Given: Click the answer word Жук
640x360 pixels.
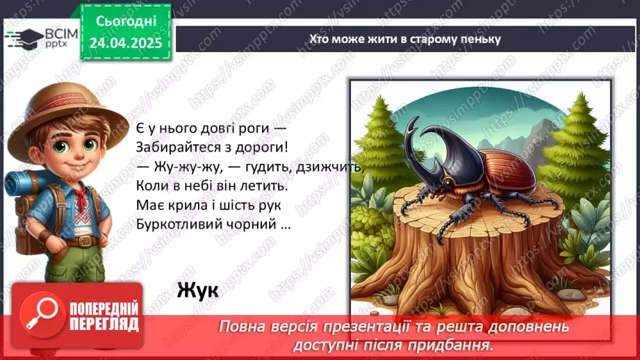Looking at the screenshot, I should (x=197, y=289).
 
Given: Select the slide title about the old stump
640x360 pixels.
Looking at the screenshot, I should (x=405, y=39).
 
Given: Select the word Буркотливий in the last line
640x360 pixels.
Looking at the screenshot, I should (x=179, y=226).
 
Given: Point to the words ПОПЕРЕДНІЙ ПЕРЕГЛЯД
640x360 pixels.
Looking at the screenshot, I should (x=104, y=316).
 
